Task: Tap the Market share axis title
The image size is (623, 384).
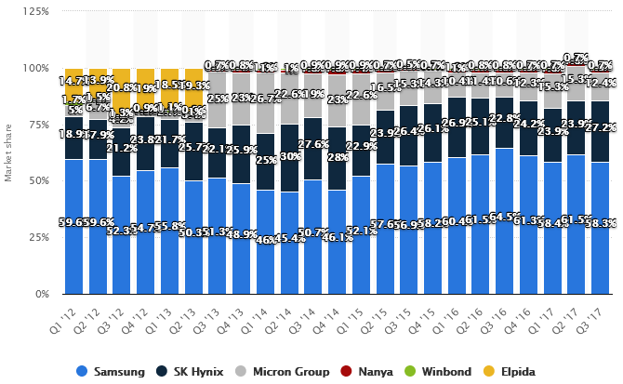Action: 8,153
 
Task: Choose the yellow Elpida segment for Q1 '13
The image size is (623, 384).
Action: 169,82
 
